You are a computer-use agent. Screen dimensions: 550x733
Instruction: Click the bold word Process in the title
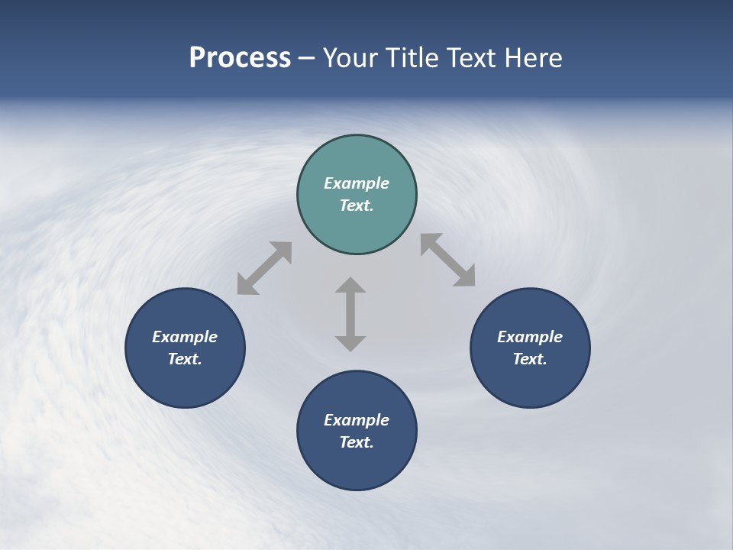tap(240, 58)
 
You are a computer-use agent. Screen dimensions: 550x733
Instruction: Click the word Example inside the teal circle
tap(357, 183)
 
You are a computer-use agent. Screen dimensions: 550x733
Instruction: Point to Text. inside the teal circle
tap(357, 205)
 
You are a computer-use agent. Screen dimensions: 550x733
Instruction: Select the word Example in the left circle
tap(185, 337)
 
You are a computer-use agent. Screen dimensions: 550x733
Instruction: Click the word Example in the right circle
tap(530, 337)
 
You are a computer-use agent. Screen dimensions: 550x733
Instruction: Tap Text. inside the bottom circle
tap(357, 442)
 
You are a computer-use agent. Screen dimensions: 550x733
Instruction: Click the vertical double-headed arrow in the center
tap(350, 314)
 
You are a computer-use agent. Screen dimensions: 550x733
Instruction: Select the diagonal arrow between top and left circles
tap(264, 268)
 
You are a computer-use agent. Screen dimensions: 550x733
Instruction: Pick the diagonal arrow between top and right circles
tap(448, 260)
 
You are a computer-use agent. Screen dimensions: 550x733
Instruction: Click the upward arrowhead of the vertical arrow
tap(350, 285)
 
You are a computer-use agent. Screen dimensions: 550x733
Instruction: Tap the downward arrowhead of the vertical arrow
tap(350, 343)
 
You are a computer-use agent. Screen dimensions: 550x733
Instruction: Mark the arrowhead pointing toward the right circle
tap(465, 277)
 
